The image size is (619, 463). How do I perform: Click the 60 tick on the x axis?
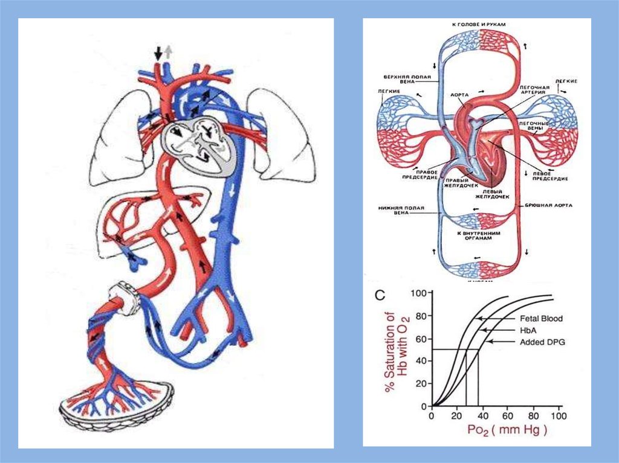[x=507, y=417]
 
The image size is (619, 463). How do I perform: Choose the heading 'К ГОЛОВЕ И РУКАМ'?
[x=478, y=24]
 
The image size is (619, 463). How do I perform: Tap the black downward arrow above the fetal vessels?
[x=158, y=53]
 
